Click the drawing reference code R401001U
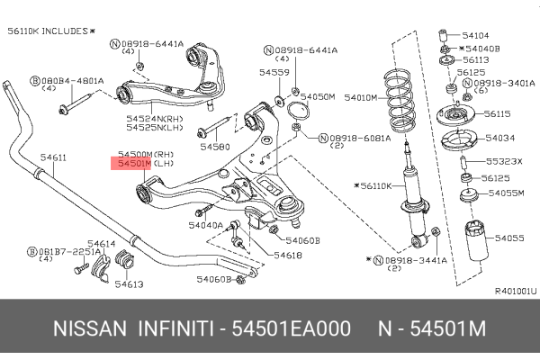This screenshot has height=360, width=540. (x=515, y=291)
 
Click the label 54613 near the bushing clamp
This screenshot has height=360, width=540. (x=129, y=283)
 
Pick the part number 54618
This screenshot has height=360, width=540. (x=289, y=256)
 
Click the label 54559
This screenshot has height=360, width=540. (x=274, y=72)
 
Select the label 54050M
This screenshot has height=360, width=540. (x=318, y=95)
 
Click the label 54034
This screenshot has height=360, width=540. (x=500, y=138)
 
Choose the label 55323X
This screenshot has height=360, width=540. (x=504, y=161)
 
